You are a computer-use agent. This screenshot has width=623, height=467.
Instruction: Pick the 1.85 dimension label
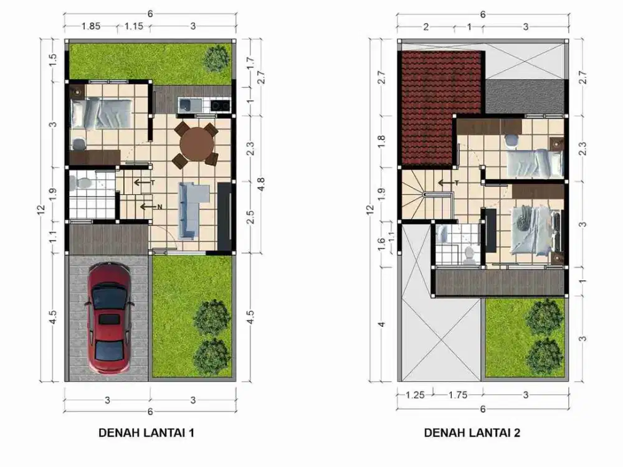click(x=91, y=26)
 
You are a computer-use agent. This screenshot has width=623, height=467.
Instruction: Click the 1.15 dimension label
click(x=133, y=26)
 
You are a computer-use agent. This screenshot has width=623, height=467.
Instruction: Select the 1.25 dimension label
click(x=415, y=394)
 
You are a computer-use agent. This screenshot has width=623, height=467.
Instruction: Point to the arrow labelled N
click(x=148, y=207)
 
